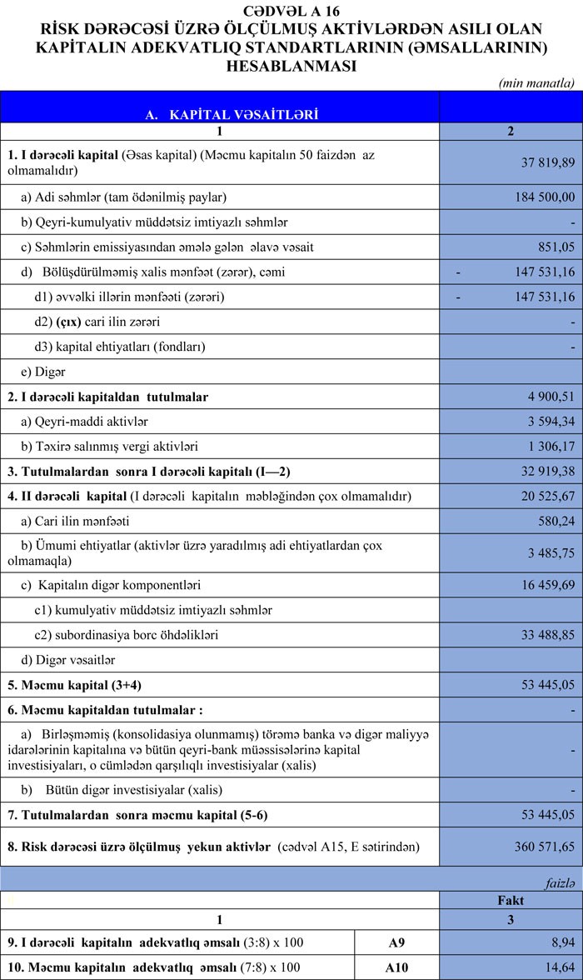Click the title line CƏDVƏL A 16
pyautogui.click(x=291, y=10)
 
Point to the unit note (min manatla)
pyautogui.click(x=536, y=82)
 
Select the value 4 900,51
pyautogui.click(x=546, y=397)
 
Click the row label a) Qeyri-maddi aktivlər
pyautogui.click(x=85, y=422)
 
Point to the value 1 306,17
pyautogui.click(x=546, y=447)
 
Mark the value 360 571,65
pyautogui.click(x=540, y=847)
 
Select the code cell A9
pyautogui.click(x=397, y=942)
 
